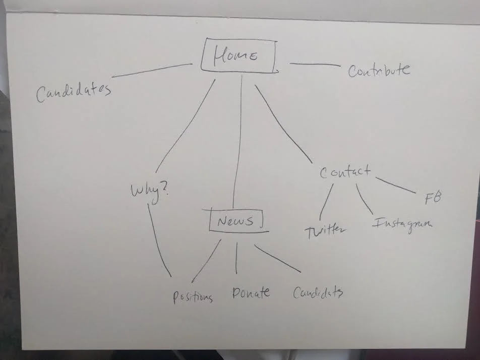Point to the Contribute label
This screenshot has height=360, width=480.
pyautogui.click(x=379, y=70)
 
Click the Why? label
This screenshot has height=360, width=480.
pyautogui.click(x=150, y=192)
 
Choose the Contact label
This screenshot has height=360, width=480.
pyautogui.click(x=345, y=172)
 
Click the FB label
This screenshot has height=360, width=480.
pyautogui.click(x=432, y=198)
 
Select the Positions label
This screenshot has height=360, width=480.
pyautogui.click(x=192, y=296)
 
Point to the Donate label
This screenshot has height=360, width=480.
pyautogui.click(x=251, y=292)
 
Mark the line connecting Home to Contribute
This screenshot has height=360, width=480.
pyautogui.click(x=315, y=64)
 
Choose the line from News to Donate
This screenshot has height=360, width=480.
pyautogui.click(x=236, y=257)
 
